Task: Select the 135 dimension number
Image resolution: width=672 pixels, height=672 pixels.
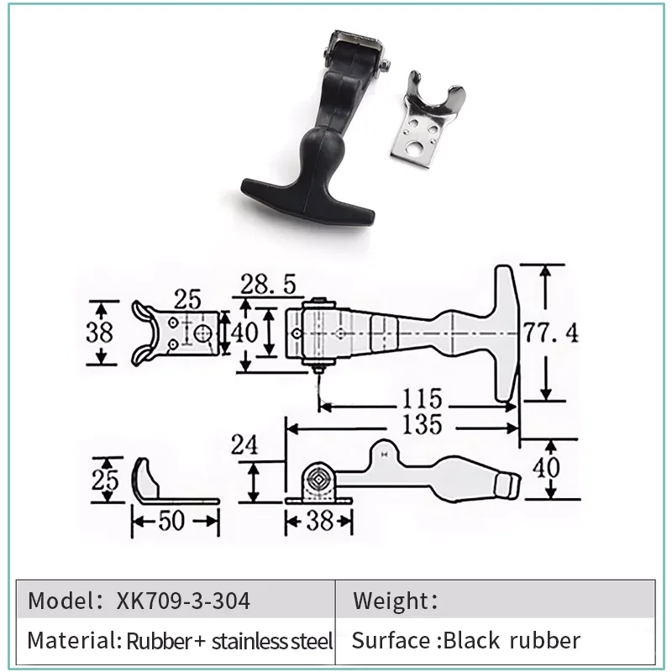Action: tap(419, 424)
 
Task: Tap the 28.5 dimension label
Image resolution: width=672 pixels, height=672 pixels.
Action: tap(268, 286)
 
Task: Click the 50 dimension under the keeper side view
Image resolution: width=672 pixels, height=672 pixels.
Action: tap(172, 522)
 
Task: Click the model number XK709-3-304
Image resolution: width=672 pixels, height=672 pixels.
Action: tap(183, 601)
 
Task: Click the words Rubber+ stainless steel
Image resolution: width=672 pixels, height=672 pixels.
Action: tap(229, 642)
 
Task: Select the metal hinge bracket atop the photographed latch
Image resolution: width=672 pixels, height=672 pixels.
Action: tap(351, 46)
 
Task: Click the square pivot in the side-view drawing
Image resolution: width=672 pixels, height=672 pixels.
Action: tap(319, 482)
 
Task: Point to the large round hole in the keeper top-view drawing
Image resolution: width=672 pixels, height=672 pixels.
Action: tap(201, 333)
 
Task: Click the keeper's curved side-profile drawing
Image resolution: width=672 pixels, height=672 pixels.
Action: tap(151, 482)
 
